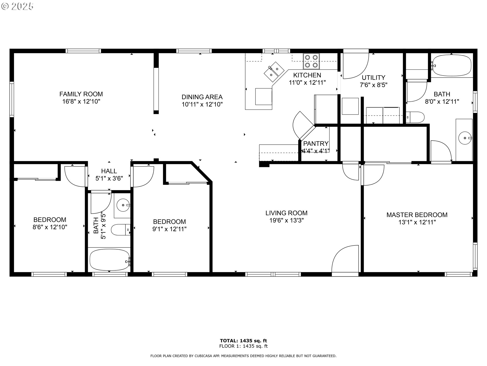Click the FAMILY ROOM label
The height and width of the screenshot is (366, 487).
pos(81,94)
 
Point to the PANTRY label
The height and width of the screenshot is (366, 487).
pos(316,144)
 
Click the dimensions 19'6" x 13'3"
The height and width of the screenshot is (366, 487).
pos(286,220)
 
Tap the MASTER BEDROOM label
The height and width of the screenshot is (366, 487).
pos(417,215)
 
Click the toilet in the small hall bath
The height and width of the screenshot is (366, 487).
pos(120,230)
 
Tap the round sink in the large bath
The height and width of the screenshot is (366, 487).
pos(465,138)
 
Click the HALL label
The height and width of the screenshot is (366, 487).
pos(109,171)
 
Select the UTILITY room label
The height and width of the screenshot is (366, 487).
pos(373,78)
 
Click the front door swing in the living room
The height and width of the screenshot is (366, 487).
pos(345,261)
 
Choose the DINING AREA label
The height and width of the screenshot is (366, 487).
pos(202,97)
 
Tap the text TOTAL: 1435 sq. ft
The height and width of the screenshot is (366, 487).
pos(243,341)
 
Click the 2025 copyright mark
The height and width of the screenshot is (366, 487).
pos(18,6)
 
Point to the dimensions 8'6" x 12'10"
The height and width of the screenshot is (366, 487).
pos(50,227)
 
